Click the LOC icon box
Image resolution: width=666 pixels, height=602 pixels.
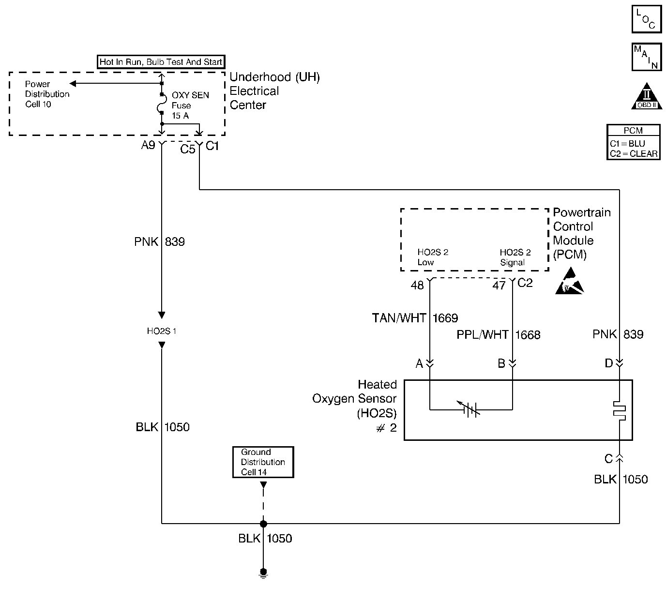point(646,19)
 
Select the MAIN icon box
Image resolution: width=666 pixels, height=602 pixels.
point(646,57)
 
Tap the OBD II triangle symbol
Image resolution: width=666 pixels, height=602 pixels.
point(647,96)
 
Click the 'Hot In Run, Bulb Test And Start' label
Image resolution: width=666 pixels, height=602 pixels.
point(161,62)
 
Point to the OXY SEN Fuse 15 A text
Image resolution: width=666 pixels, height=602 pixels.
point(190,105)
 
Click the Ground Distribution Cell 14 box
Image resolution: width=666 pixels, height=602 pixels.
point(263,462)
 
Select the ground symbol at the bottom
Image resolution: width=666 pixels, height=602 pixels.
point(263,573)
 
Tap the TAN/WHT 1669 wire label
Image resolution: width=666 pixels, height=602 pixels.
point(414,318)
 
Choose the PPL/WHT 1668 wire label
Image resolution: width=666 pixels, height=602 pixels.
point(498,335)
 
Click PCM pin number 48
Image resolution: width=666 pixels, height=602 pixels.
point(417,286)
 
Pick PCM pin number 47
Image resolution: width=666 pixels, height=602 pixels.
point(499,286)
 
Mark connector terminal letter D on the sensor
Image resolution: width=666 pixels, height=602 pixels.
point(609,363)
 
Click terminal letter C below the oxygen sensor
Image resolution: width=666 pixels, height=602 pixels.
point(609,458)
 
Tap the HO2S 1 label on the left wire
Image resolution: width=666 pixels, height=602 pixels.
point(162,331)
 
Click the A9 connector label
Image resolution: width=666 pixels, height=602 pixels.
point(148,145)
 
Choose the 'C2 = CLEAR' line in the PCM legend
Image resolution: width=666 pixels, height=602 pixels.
point(634,154)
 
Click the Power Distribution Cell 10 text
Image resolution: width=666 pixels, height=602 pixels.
point(47,94)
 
